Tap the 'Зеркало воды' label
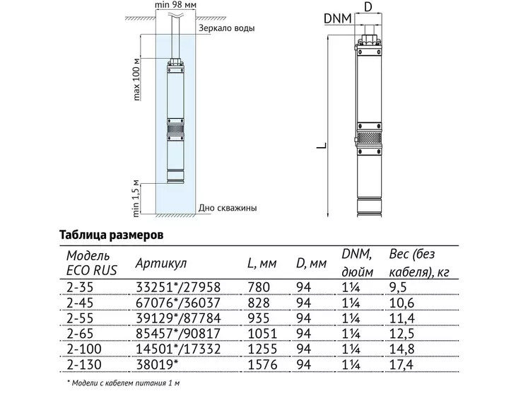click(x=226, y=28)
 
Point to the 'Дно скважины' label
click(x=228, y=208)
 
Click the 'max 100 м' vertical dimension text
click(x=137, y=79)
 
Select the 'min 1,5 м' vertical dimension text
click(x=136, y=199)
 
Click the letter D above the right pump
click(x=368, y=7)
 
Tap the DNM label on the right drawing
click(x=338, y=18)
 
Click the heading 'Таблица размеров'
click(x=111, y=235)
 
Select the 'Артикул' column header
click(x=161, y=263)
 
